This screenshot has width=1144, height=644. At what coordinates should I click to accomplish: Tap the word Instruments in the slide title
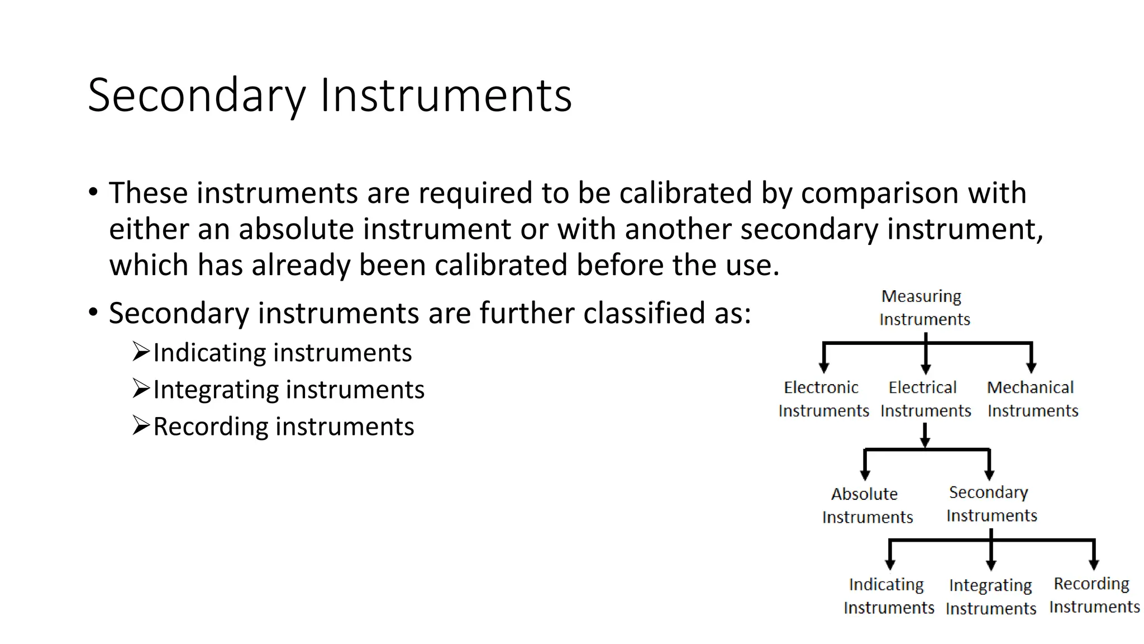(x=445, y=96)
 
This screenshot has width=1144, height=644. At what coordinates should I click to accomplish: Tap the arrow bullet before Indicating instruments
(x=141, y=352)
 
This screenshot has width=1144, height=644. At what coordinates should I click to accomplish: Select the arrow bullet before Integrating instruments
(x=141, y=389)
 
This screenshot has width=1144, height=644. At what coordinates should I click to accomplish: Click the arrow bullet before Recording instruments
(x=141, y=425)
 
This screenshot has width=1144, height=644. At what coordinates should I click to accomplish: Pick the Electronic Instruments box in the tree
(x=823, y=399)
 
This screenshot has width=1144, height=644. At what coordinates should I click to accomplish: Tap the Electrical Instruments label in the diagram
(x=925, y=399)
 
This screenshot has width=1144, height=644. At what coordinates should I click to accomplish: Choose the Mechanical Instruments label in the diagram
(x=1032, y=399)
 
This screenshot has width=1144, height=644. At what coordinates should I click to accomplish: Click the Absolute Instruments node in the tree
(x=866, y=505)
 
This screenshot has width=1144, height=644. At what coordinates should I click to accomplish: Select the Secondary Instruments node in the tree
(x=990, y=504)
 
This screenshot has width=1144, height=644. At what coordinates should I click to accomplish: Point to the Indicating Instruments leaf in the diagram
(x=888, y=596)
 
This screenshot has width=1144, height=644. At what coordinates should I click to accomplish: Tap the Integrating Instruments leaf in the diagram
(x=990, y=596)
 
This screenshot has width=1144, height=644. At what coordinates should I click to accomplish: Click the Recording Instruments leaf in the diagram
(x=1093, y=595)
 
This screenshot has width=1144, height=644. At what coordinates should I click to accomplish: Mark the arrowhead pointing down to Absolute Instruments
(x=865, y=475)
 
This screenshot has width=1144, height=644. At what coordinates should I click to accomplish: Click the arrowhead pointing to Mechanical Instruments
(x=1031, y=368)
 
